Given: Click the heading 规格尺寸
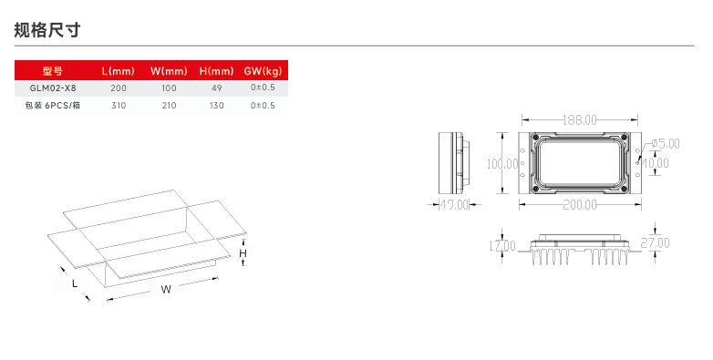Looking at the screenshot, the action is tap(47, 30).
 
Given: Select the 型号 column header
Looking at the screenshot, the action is tap(53, 71).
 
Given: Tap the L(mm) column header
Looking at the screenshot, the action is tap(119, 71).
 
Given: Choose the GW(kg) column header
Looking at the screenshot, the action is tap(263, 71).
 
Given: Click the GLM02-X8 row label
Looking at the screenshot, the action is tap(53, 87).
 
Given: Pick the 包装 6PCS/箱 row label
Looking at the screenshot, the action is tap(53, 106).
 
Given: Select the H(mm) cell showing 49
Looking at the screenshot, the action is tap(216, 87).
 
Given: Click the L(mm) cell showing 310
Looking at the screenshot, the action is tap(119, 106).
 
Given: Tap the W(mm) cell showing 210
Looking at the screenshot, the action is tap(170, 106).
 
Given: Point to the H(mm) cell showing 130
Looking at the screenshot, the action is tap(216, 106).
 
